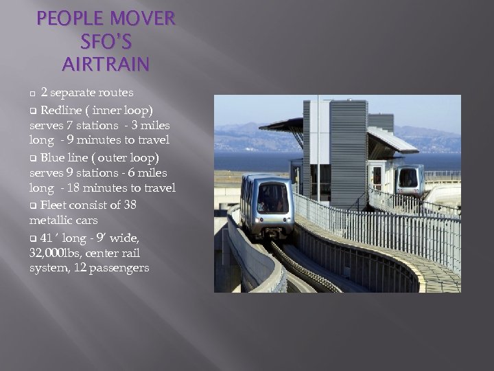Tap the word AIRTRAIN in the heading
(105, 65)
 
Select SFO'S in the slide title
(105, 41)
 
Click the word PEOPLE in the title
(68, 18)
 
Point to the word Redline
(60, 110)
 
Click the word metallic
(51, 221)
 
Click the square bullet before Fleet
(32, 205)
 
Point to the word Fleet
(53, 205)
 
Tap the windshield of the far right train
(410, 177)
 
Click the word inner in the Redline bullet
(110, 110)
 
